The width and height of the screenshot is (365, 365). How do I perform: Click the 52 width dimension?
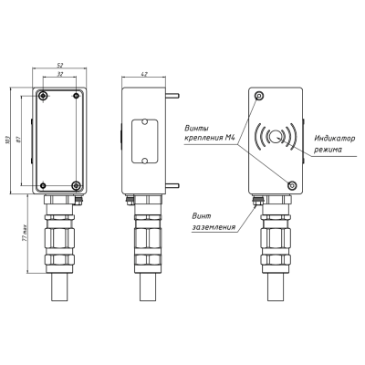[59, 67]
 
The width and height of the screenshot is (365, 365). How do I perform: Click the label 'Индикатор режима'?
[329, 142]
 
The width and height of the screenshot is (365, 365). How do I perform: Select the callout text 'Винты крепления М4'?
[209, 132]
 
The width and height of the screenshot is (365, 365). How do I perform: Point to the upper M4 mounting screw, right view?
[260, 96]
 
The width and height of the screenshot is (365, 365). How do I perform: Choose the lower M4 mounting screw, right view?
[291, 185]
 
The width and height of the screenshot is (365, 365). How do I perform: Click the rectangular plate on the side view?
[144, 141]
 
